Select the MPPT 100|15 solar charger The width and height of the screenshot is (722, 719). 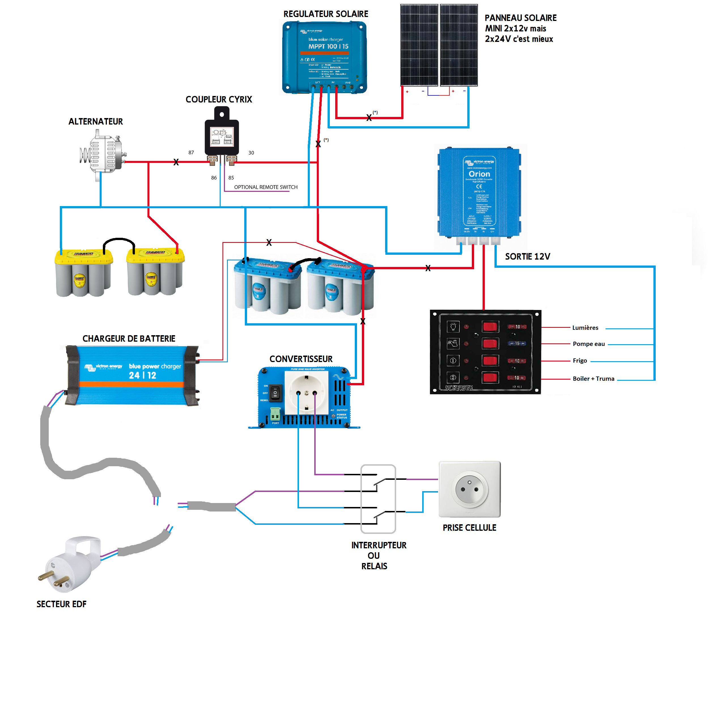[324, 57]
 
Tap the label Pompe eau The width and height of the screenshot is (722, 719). [589, 344]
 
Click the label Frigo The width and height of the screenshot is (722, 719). [580, 361]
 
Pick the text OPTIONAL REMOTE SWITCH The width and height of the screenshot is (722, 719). [266, 187]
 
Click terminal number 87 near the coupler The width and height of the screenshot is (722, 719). [191, 152]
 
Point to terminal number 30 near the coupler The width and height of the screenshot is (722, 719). [251, 153]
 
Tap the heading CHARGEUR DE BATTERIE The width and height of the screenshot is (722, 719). [129, 339]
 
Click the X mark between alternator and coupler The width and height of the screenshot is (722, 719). [176, 162]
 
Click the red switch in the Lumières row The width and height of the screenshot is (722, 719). [490, 327]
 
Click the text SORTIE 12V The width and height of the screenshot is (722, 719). [527, 256]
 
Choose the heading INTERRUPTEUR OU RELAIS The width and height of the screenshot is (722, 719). [378, 555]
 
